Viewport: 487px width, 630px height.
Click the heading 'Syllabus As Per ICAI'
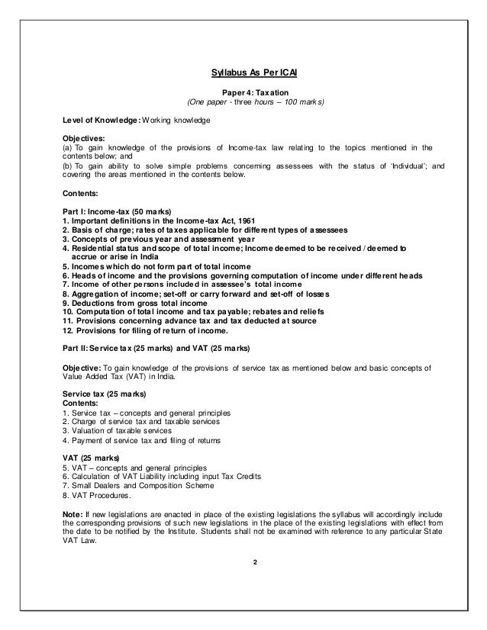243,74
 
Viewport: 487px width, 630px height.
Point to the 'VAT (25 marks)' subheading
90,458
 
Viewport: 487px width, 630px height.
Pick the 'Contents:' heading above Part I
81,193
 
